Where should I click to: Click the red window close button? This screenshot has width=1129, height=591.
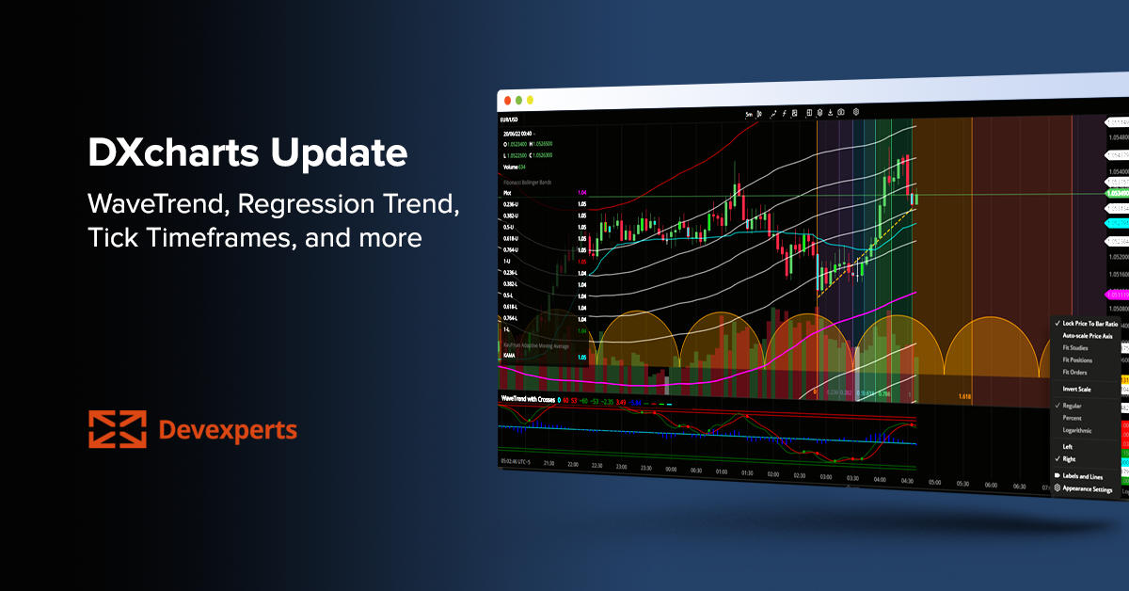pos(506,99)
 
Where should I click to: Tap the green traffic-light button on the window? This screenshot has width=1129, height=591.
pos(530,100)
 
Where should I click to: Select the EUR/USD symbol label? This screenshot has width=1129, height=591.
pos(509,120)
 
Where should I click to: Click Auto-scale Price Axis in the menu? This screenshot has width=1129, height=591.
pos(1087,335)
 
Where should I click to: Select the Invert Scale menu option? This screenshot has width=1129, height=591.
pos(1076,389)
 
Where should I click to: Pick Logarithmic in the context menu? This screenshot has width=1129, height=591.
pos(1077,430)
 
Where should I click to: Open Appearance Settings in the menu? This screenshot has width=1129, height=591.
pos(1087,489)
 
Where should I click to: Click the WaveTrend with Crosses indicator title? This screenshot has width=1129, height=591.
pos(528,399)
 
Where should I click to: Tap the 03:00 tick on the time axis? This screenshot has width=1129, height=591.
pos(826,477)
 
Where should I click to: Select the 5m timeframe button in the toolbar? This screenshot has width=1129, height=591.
pos(749,114)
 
